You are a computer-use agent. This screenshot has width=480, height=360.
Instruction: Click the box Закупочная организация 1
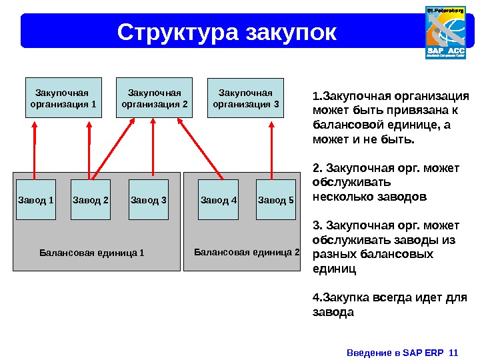(63, 98)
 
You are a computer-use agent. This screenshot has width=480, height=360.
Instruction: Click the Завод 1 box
(35, 199)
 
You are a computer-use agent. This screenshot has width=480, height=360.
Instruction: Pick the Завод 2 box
(91, 199)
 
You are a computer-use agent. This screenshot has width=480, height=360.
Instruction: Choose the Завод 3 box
(148, 199)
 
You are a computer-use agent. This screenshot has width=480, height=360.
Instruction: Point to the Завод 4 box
(219, 199)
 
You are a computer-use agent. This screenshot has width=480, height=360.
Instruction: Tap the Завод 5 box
(275, 199)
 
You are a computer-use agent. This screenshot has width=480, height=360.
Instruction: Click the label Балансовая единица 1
(91, 253)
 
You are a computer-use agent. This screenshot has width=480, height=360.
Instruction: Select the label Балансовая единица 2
(247, 252)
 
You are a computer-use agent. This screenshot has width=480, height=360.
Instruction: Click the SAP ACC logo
(445, 33)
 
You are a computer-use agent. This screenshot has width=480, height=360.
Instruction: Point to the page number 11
(455, 351)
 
